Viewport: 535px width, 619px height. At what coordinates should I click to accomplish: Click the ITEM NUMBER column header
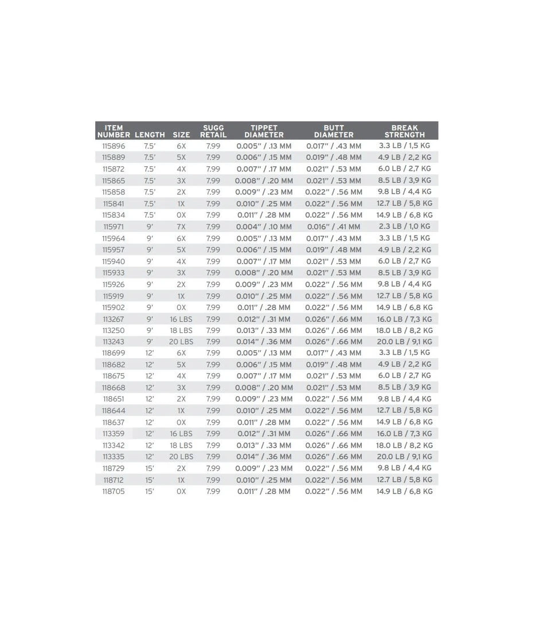coord(114,131)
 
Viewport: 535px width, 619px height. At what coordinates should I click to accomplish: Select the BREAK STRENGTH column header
coord(405,131)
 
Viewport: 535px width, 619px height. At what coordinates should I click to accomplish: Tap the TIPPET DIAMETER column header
coord(264,131)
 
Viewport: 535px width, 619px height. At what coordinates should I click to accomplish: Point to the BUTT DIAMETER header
coord(334,131)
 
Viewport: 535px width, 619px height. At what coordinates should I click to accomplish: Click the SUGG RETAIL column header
coord(213,131)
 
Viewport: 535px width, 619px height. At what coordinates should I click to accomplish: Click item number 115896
coord(114,146)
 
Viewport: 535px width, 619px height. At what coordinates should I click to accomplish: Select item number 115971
coord(114,227)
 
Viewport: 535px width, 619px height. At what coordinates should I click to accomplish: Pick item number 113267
coord(114,319)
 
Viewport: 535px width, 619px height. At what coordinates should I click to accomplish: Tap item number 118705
coord(114,492)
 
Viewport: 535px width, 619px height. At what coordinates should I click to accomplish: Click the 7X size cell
coord(181,227)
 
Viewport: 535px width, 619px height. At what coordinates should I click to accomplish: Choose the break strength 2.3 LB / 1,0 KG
coord(404,227)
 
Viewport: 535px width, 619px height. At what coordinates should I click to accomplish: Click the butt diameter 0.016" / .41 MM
coord(333,227)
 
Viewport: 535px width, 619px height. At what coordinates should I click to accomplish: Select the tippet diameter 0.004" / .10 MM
coord(264,227)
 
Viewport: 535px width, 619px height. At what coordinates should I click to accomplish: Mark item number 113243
coord(114,342)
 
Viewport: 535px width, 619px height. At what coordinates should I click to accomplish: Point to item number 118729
coord(114,469)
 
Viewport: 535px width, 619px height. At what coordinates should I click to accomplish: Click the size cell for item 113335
coord(181,457)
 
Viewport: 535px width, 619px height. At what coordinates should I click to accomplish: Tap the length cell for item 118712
coord(150,480)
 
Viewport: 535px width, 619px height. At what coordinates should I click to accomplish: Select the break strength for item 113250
coord(404,331)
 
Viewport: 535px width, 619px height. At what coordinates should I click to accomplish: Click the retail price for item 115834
coord(213,216)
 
